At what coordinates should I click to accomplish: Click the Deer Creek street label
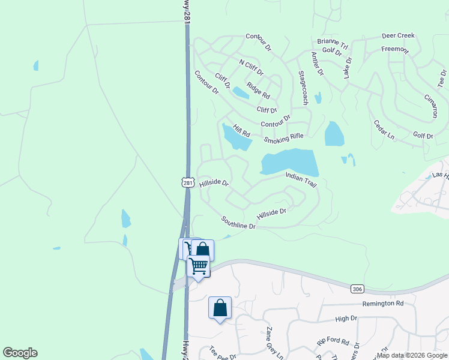[399, 36]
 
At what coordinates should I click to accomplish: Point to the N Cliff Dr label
[251, 67]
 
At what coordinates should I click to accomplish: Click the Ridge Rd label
[258, 91]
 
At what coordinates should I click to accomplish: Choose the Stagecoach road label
[303, 88]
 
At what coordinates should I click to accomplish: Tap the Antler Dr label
[316, 64]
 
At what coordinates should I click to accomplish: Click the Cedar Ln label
[384, 130]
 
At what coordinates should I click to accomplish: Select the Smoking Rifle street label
[284, 139]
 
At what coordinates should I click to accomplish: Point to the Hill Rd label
[241, 131]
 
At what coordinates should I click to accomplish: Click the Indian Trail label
[301, 180]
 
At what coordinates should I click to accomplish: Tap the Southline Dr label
[238, 223]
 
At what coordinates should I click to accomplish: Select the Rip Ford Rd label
[333, 340]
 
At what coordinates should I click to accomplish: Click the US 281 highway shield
[186, 181]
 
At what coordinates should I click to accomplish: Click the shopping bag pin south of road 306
[220, 308]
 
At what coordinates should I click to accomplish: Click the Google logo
[20, 353]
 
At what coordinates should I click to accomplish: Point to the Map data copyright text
[411, 355]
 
